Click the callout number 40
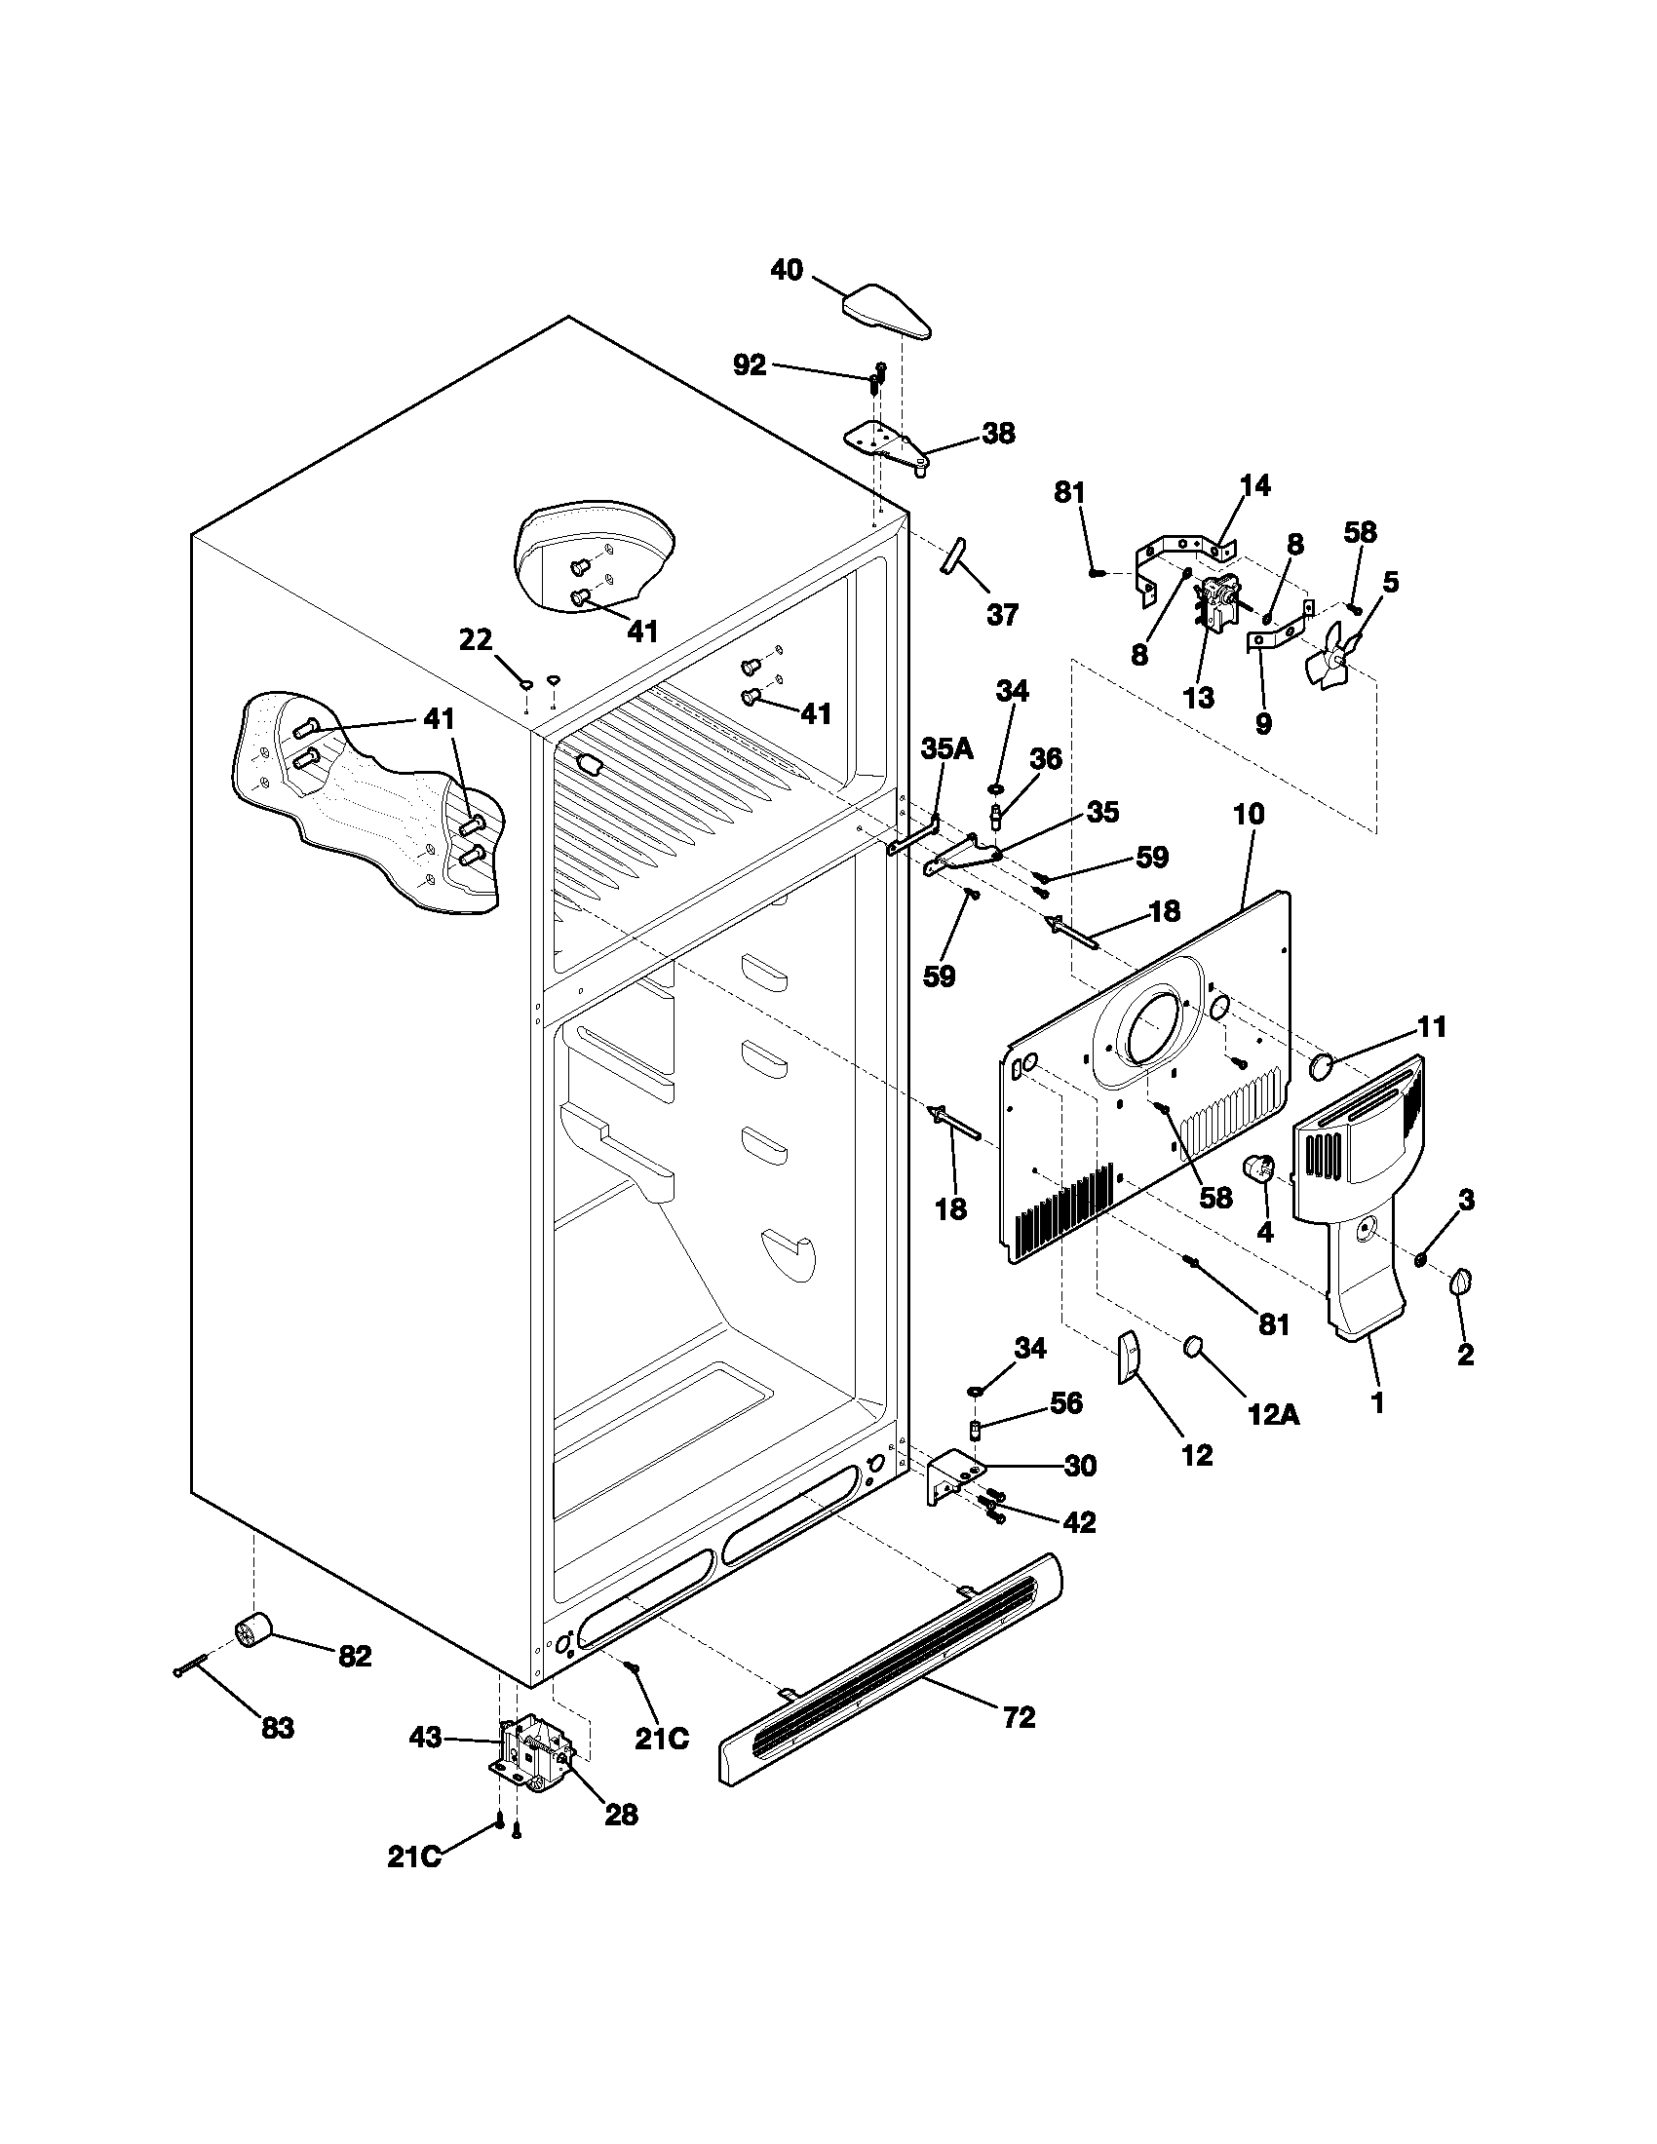coord(787,269)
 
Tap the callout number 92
coord(750,365)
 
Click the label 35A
coord(946,749)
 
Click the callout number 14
coord(1254,485)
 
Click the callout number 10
coord(1250,814)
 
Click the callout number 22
coord(476,639)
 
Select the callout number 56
coord(1065,1402)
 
